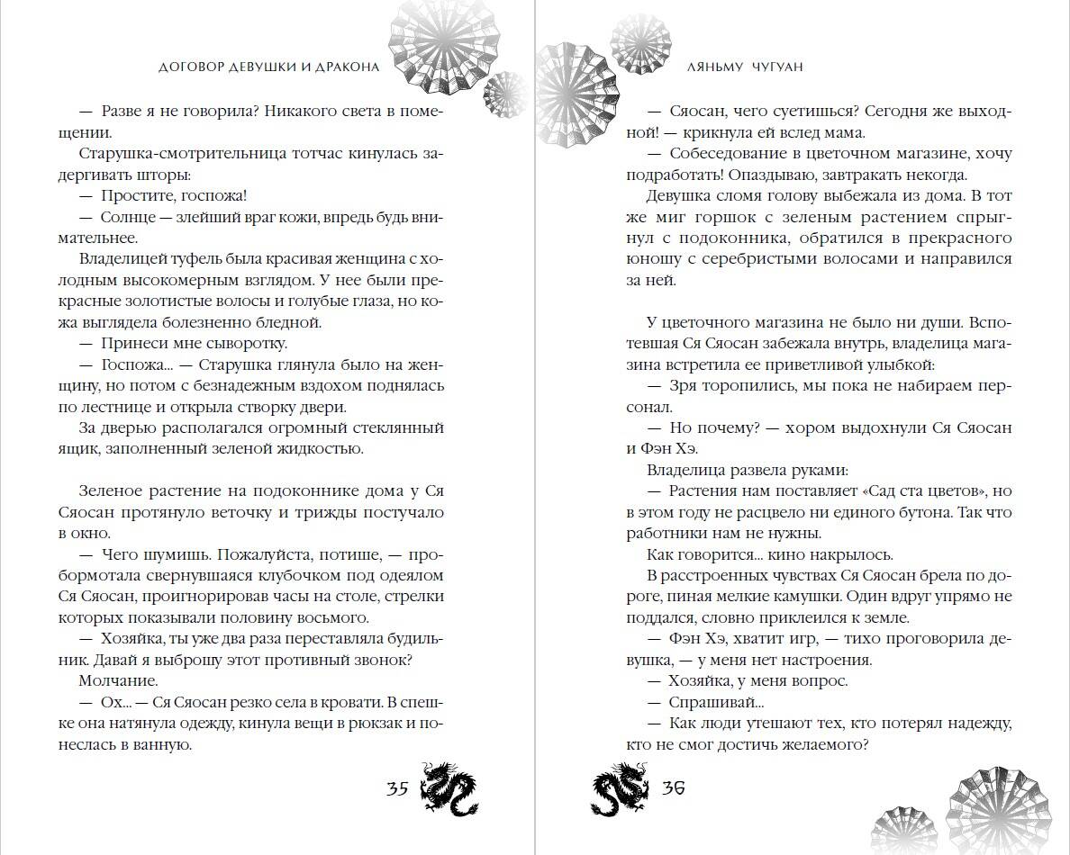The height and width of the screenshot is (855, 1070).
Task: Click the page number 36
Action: (x=673, y=789)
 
